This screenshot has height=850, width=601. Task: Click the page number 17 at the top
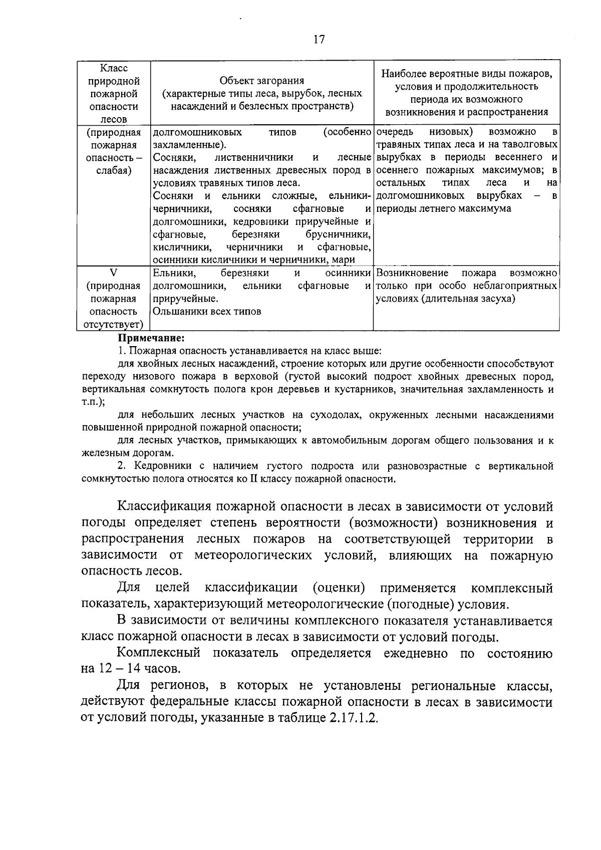click(x=319, y=40)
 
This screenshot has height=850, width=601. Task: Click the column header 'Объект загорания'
click(x=261, y=81)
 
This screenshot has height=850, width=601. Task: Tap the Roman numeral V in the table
click(x=114, y=273)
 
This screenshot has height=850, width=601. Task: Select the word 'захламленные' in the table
click(x=187, y=145)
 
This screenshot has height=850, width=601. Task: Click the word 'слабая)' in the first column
click(x=114, y=170)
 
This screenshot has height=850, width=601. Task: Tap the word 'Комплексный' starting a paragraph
click(x=158, y=653)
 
